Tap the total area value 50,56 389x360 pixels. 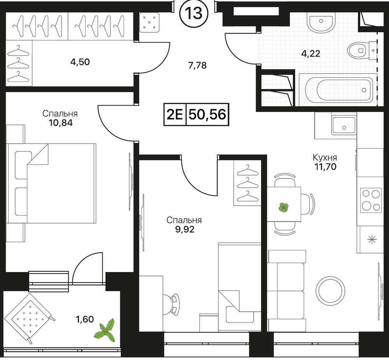[x=207, y=115]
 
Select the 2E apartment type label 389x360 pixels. [x=175, y=115]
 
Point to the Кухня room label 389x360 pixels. [x=325, y=158]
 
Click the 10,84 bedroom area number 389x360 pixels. [x=61, y=123]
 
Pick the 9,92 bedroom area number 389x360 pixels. [x=185, y=230]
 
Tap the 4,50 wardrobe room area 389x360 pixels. [x=80, y=62]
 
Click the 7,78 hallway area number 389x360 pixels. [x=198, y=65]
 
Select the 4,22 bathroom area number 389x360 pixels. [x=310, y=53]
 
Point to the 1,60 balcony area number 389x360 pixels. [x=85, y=319]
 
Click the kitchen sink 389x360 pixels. [x=344, y=125]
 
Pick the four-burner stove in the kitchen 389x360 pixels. [x=371, y=200]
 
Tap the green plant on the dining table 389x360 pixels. [x=284, y=207]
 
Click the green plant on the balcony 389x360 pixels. [x=105, y=330]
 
